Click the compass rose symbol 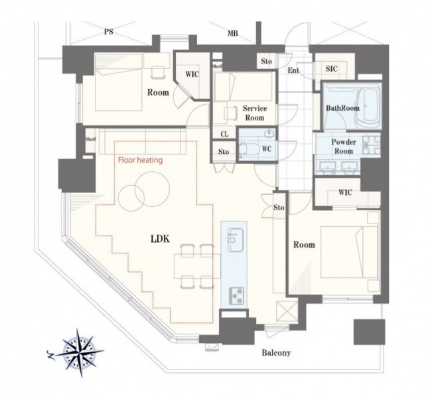80,353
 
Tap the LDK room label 160,239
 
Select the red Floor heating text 140,160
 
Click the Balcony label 276,352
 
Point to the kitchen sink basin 235,239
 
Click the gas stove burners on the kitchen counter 237,296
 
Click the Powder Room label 344,147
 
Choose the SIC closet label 331,68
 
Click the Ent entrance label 293,70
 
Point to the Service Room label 255,113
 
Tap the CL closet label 224,134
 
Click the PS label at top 109,32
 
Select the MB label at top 232,34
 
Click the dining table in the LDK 197,266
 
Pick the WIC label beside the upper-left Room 192,74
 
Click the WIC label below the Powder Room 345,192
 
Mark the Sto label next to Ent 266,61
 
